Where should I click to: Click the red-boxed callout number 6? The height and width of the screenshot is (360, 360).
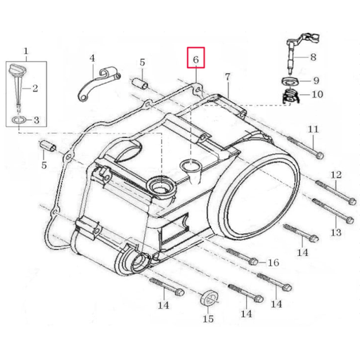[195, 60]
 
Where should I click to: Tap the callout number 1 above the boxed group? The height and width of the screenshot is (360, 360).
[26, 51]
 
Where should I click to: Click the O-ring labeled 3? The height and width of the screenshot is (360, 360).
[18, 121]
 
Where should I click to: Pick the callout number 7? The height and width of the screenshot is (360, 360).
[228, 77]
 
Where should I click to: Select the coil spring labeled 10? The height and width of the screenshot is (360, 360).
[290, 96]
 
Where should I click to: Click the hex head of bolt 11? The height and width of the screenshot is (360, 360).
[320, 155]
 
